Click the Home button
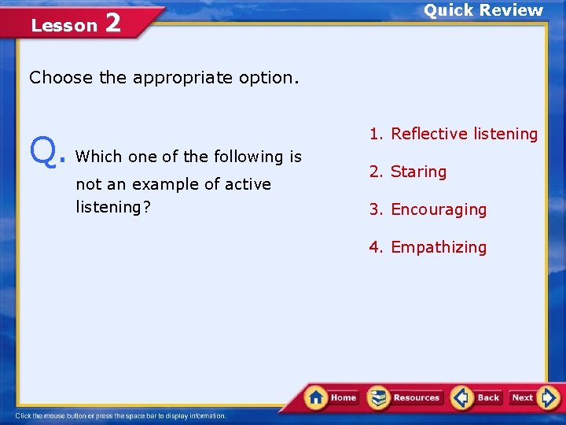tap(333, 397)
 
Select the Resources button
tap(405, 397)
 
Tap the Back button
tap(477, 397)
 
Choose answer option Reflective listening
tap(454, 134)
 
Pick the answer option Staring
tap(408, 172)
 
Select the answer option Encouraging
tap(428, 209)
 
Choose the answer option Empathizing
tap(428, 247)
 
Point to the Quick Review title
tap(483, 10)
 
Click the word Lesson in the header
tap(64, 26)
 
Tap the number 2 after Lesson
tap(112, 24)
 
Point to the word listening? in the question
tap(113, 207)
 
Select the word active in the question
tap(244, 184)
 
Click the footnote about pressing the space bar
tap(121, 416)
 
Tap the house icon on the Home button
tap(316, 397)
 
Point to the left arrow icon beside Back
tap(461, 397)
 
